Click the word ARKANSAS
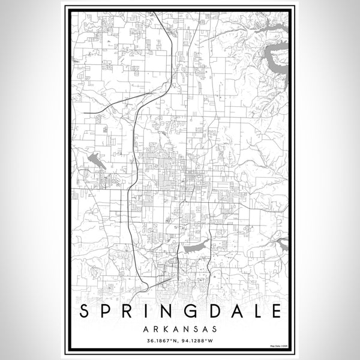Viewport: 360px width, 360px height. point(179,329)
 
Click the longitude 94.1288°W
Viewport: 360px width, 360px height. point(197,342)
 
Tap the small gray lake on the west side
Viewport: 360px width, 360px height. point(95,159)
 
